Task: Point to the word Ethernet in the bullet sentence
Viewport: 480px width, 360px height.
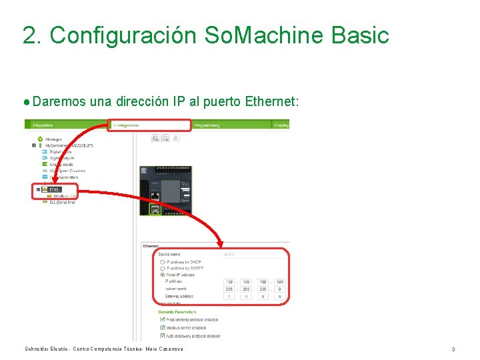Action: tap(269, 102)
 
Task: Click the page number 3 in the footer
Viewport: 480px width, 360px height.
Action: tap(453, 349)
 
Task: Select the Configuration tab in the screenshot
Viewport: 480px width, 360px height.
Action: tap(126, 125)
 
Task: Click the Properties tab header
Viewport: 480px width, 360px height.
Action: tap(43, 125)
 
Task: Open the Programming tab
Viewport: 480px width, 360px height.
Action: tap(207, 125)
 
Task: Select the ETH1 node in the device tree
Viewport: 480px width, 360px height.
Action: tap(53, 189)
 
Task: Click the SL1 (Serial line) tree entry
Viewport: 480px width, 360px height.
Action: tap(61, 202)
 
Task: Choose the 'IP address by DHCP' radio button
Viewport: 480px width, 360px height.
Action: tap(162, 262)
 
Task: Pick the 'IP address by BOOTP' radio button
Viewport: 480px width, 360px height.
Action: tap(162, 268)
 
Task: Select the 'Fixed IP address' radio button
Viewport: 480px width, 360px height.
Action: tap(162, 275)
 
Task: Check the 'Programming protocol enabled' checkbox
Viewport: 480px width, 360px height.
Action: tap(162, 319)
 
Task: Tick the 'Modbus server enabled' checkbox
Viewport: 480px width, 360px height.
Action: tap(162, 327)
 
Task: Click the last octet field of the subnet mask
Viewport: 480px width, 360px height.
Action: tap(280, 289)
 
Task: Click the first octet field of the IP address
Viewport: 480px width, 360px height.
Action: tap(229, 282)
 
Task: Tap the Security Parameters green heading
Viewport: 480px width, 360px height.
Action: tap(177, 311)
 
